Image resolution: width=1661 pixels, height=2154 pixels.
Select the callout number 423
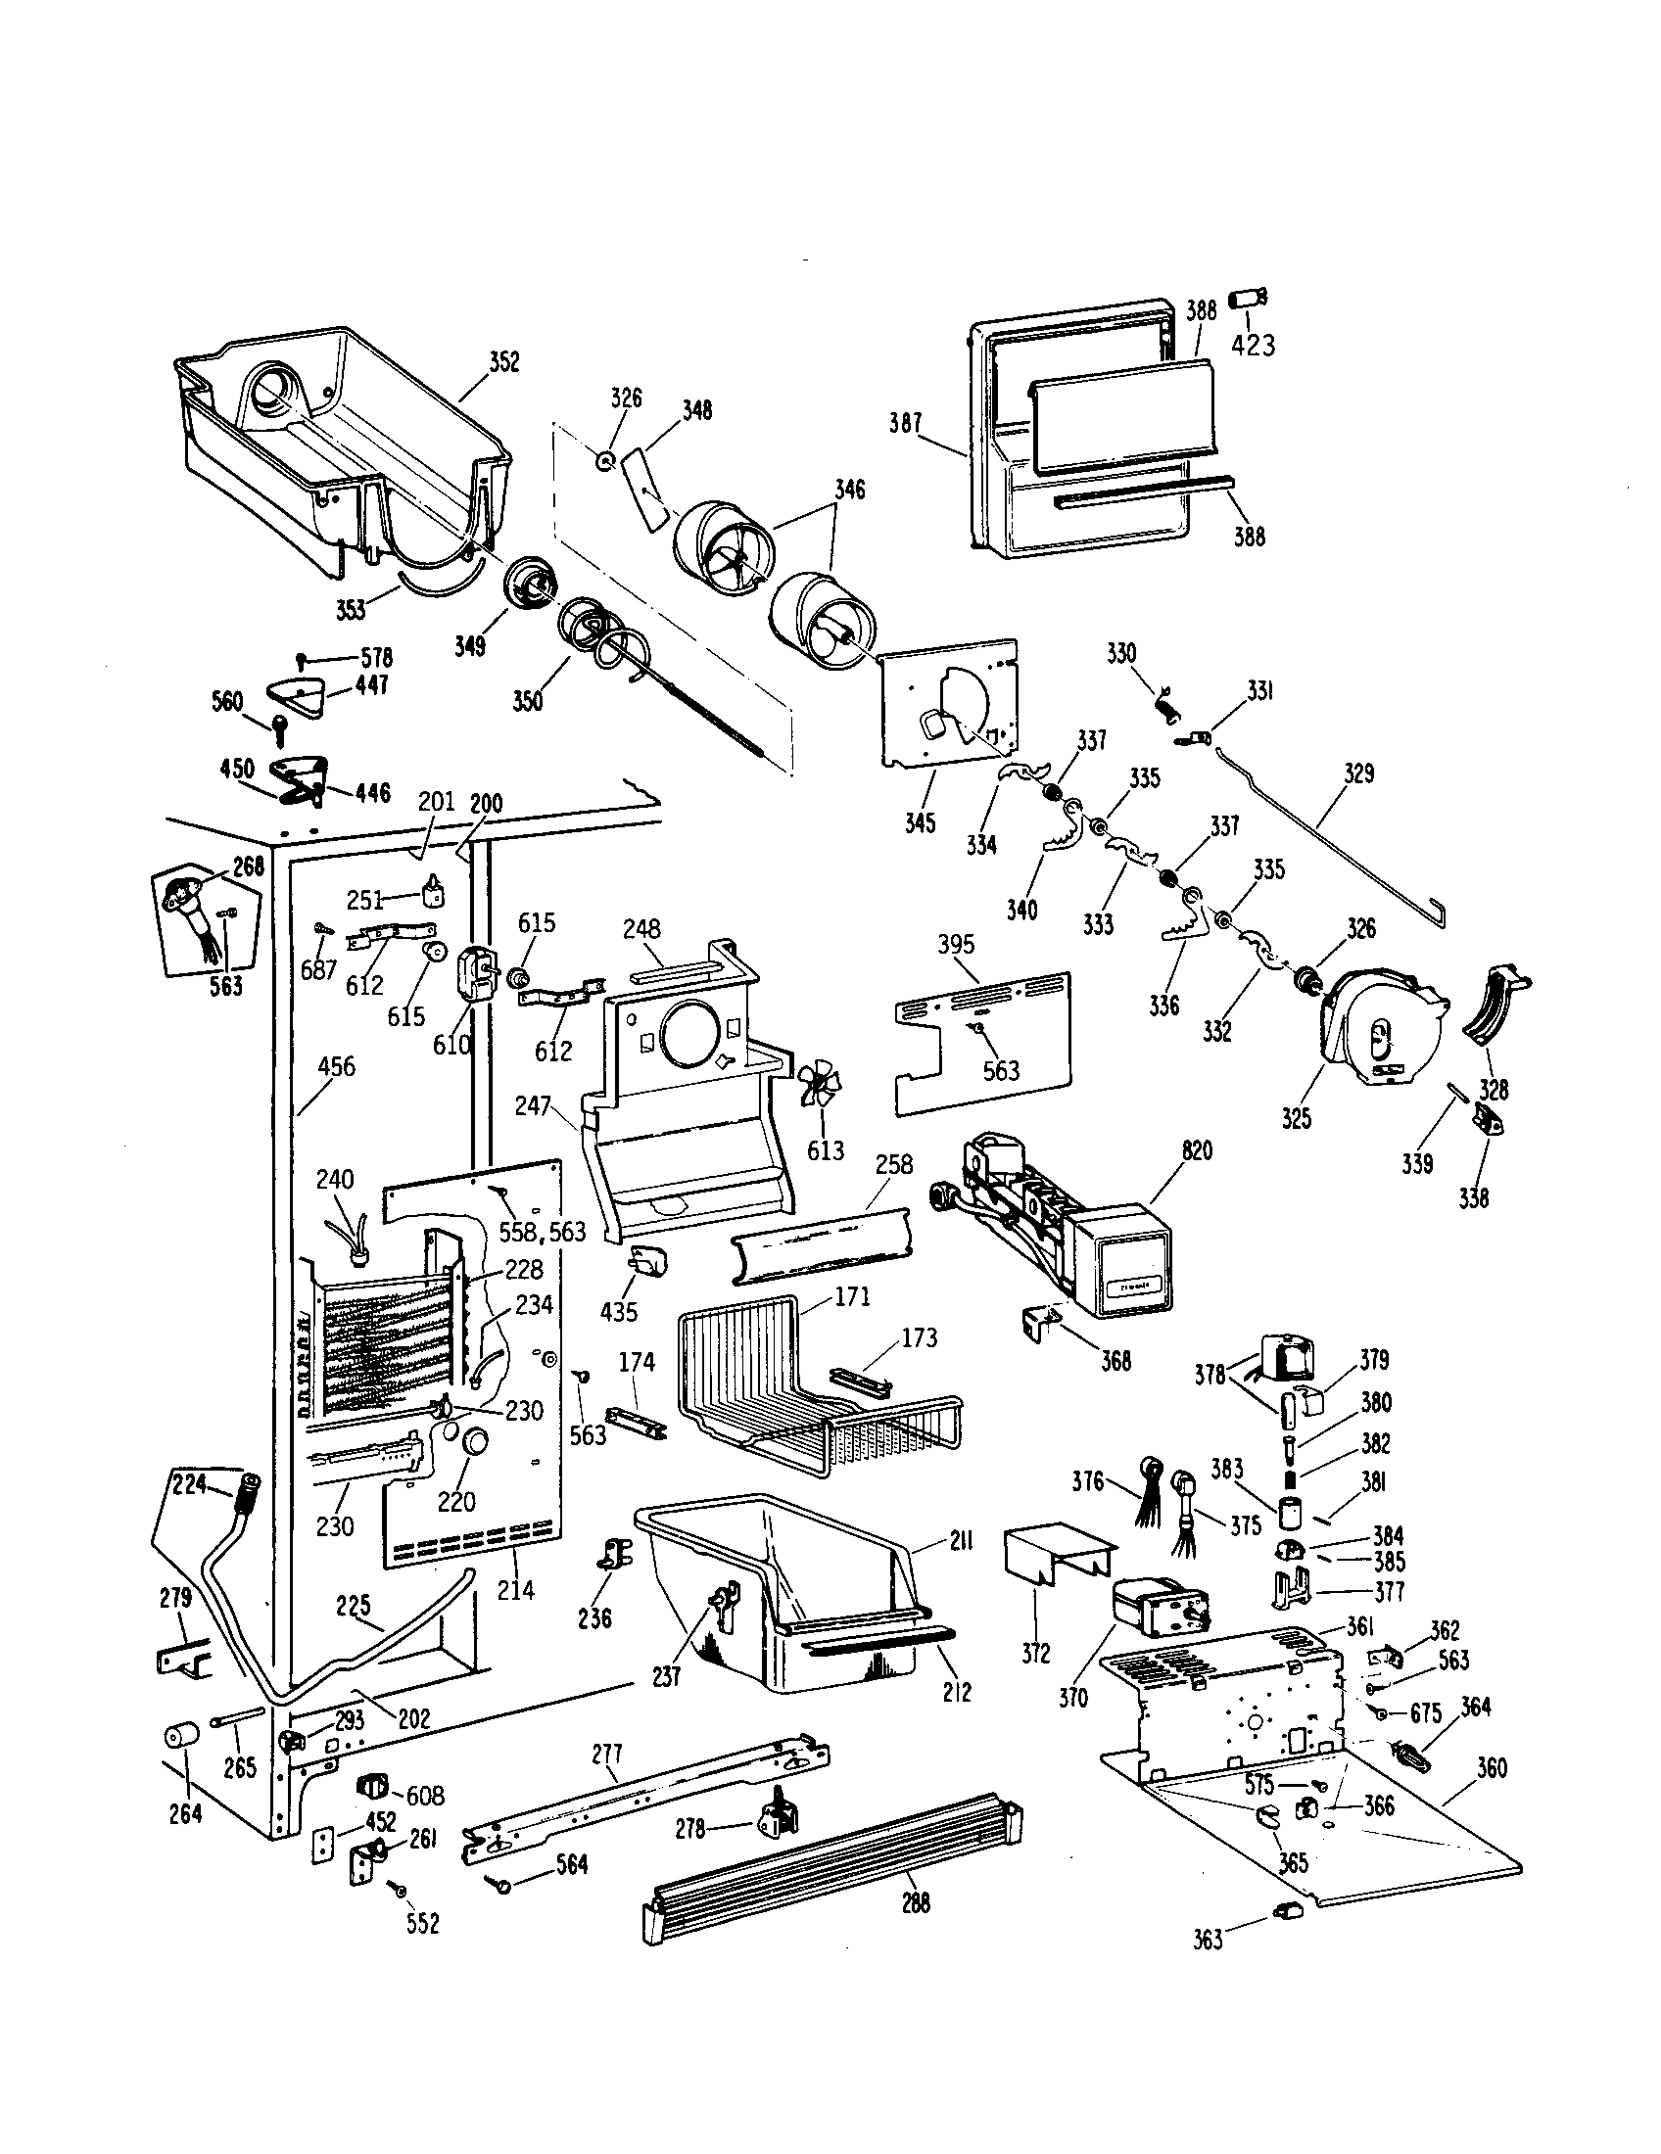[x=1253, y=346]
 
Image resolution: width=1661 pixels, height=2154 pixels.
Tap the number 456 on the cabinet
[x=336, y=1066]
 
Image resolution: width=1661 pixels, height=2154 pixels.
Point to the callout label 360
[x=1492, y=1768]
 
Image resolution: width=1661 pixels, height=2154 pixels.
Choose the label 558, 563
[x=542, y=1231]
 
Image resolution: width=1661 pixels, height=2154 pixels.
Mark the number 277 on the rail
[x=607, y=1755]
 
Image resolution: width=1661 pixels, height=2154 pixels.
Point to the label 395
[x=956, y=944]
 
